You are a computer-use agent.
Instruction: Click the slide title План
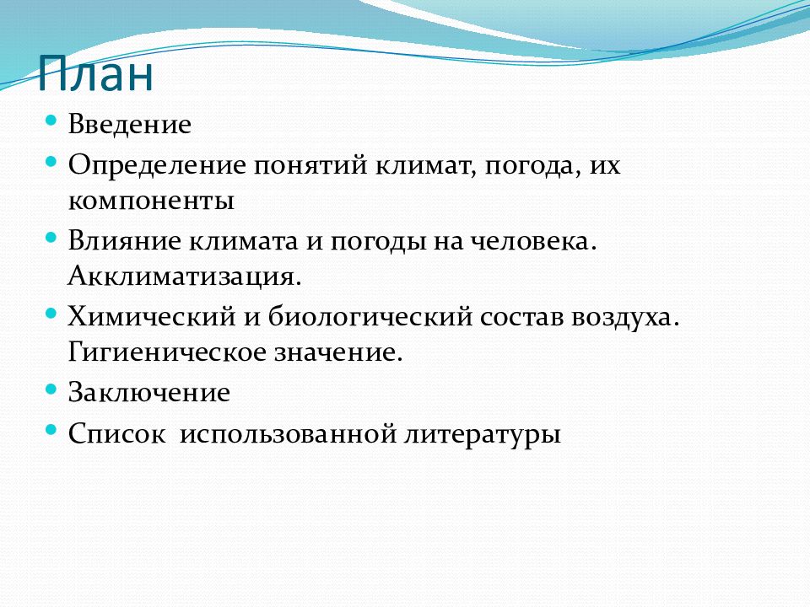click(95, 73)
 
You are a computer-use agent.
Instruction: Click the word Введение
click(130, 125)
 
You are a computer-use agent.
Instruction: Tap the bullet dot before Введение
click(51, 121)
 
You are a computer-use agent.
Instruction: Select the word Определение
click(157, 166)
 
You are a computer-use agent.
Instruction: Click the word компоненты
click(151, 201)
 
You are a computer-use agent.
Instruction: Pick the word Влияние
click(125, 241)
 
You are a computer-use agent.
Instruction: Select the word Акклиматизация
click(185, 277)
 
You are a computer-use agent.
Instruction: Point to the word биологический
click(370, 317)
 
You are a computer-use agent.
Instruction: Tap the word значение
click(338, 353)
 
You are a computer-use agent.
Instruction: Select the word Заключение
click(148, 392)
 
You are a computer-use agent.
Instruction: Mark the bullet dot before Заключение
click(51, 389)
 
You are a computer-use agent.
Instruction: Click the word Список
click(117, 433)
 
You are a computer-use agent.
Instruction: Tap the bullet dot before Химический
click(51, 313)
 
